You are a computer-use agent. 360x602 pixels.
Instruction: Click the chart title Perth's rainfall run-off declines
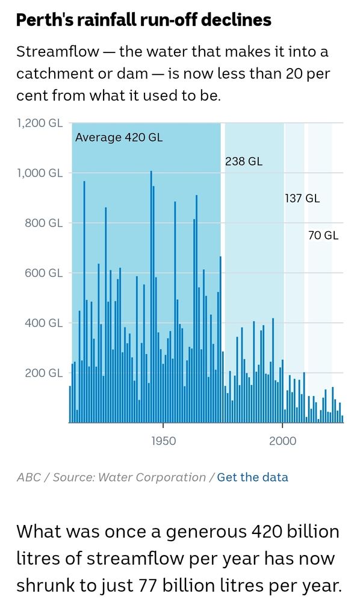pos(143,20)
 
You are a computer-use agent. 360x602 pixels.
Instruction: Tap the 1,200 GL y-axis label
pos(39,123)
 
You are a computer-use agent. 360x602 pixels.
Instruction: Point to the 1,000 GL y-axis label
pos(39,173)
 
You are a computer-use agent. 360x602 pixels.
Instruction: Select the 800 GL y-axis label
pos(43,223)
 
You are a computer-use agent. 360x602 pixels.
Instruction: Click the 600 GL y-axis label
pos(43,273)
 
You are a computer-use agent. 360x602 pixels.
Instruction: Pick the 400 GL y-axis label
pos(43,323)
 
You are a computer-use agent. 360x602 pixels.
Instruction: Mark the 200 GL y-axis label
pos(43,373)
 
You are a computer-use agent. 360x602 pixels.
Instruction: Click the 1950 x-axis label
pos(163,441)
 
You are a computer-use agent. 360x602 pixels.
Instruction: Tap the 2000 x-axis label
pos(282,441)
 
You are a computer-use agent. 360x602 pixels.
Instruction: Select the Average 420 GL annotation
pos(119,138)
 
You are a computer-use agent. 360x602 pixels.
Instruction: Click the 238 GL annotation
pos(244,161)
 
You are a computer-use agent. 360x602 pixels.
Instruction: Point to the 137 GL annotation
pos(302,198)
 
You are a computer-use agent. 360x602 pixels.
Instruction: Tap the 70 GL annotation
pos(323,235)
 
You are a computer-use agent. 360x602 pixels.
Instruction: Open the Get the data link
pos(252,477)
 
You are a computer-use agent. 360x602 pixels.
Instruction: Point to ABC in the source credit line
pos(29,477)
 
